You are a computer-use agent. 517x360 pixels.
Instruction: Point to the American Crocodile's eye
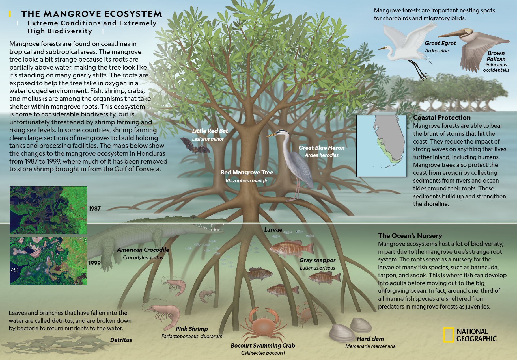193,217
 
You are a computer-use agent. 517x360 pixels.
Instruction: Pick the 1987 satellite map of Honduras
48,210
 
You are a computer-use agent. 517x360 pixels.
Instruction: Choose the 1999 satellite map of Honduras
48,261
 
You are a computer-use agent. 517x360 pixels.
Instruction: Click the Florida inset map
381,146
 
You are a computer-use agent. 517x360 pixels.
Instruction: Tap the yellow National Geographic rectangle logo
448,335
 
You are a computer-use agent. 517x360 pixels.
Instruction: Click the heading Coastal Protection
442,118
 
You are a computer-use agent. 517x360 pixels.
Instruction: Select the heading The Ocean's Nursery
410,236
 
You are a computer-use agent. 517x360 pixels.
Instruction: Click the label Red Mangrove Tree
247,172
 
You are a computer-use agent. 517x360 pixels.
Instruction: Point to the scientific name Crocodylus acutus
143,257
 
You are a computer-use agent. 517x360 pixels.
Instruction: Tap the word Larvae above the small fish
273,230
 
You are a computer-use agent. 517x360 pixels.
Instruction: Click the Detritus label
121,340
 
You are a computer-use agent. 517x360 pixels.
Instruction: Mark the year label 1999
94,263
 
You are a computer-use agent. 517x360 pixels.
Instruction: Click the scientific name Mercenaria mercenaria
370,346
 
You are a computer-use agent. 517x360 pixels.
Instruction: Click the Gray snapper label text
317,260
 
